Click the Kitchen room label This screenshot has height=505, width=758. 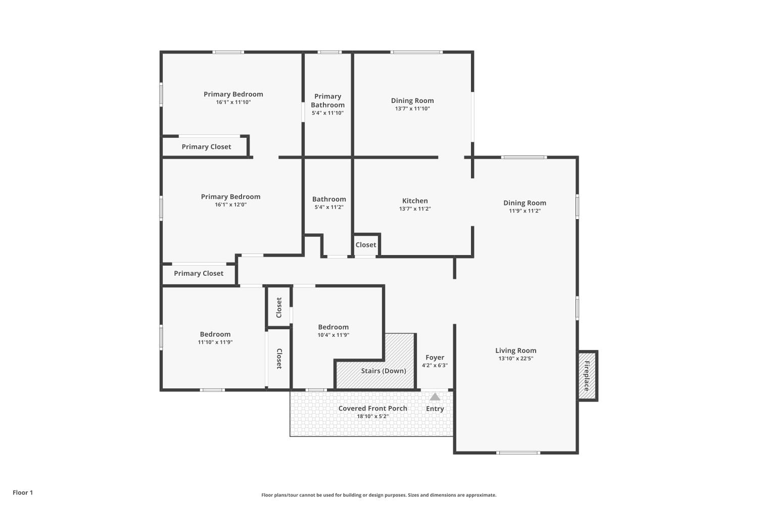coord(415,200)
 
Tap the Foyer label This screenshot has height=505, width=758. coord(435,357)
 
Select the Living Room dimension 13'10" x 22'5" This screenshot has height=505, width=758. coord(516,359)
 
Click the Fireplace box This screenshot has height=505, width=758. coord(587,375)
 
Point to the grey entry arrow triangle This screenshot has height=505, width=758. coord(435,396)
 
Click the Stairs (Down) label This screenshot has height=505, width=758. coord(384,371)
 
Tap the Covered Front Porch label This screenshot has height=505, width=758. coord(372,408)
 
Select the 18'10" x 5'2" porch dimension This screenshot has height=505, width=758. coord(372,417)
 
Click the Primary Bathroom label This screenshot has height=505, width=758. coord(327,100)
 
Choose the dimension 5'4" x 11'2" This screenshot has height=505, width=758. coord(329,207)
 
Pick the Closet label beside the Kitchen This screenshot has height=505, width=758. coord(366,244)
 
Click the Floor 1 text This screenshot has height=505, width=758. coord(23,492)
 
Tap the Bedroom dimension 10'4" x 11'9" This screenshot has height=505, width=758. coord(334,335)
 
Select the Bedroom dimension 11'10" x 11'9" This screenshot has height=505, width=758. coord(215,342)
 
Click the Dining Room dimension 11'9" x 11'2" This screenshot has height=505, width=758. coord(525,211)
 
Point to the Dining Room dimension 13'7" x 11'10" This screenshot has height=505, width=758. coord(412,109)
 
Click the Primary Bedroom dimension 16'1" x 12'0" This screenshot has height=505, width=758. coord(231,205)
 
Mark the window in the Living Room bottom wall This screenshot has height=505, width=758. coord(518,452)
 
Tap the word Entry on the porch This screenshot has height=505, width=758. coord(435,409)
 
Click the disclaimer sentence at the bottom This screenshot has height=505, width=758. coord(378,495)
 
